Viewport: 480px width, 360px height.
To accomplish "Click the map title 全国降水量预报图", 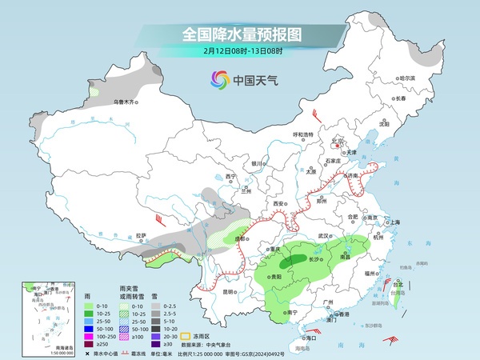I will pyautogui.click(x=240, y=34).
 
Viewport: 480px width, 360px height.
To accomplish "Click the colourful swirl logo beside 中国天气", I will pyautogui.click(x=219, y=79).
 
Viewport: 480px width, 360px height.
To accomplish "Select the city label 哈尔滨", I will pyautogui.click(x=409, y=78).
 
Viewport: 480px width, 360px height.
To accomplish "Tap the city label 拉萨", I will pyautogui.click(x=141, y=235).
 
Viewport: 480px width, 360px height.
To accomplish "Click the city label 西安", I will pyautogui.click(x=279, y=205).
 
